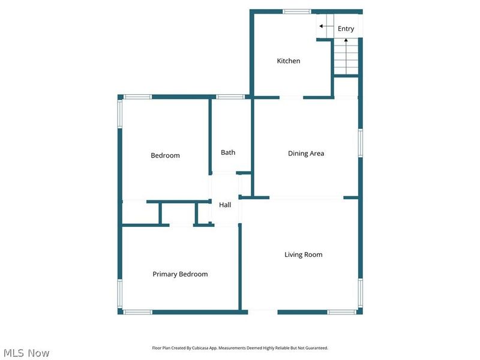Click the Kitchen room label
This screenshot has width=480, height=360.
coord(288,61)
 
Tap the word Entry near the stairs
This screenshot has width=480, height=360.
coord(346,29)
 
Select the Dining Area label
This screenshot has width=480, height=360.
coord(306,154)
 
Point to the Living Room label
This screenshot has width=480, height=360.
coord(303,254)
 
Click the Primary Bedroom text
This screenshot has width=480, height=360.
coord(180,274)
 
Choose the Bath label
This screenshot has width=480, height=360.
coord(228,152)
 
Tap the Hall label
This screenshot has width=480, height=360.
coord(225,205)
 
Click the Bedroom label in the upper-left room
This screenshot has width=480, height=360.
coord(165,156)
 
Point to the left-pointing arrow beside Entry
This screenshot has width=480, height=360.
coord(322,26)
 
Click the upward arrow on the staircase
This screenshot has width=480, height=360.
coord(346,41)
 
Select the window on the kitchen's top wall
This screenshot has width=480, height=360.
coord(296,11)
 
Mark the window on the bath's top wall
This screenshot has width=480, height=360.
coord(230,97)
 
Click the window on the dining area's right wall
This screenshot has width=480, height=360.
coord(361,143)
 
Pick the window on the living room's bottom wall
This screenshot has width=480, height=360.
coord(342,312)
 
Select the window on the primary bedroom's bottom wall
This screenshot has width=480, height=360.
coord(137,312)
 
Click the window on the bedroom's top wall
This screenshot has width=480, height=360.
coord(137,97)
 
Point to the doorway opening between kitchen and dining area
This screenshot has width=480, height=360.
coord(291,97)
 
